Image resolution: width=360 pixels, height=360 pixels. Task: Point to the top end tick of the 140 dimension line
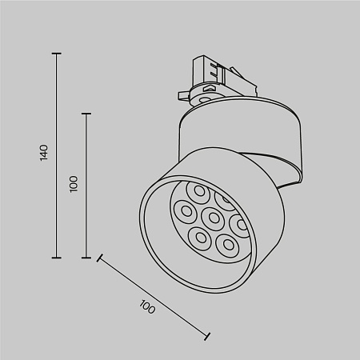[56, 54]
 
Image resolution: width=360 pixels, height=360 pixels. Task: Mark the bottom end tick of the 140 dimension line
[56, 258]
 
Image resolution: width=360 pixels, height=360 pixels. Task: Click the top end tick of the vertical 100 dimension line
[86, 114]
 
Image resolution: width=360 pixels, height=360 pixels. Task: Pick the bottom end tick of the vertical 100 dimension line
[86, 258]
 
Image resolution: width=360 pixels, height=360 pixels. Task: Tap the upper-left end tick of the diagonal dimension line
[99, 258]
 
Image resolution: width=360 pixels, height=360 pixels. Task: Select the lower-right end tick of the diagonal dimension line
[208, 336]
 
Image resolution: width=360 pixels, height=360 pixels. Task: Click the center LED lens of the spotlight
[212, 216]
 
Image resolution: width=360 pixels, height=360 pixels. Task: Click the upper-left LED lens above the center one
[197, 192]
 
